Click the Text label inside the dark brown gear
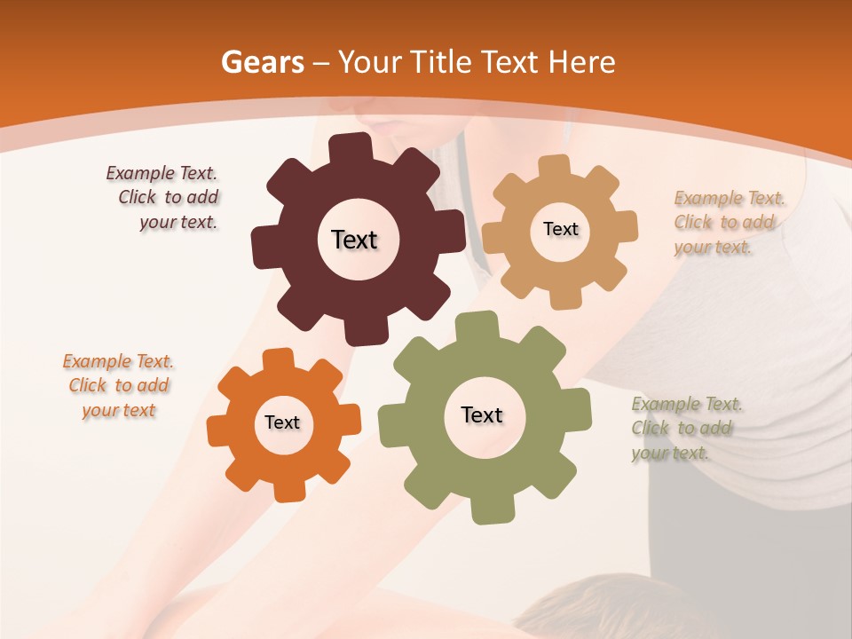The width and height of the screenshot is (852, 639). [354, 240]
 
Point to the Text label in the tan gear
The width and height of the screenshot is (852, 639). [560, 229]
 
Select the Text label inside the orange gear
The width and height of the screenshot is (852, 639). [282, 422]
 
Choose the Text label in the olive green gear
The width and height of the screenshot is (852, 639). [482, 415]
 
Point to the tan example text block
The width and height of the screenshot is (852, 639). [724, 223]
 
